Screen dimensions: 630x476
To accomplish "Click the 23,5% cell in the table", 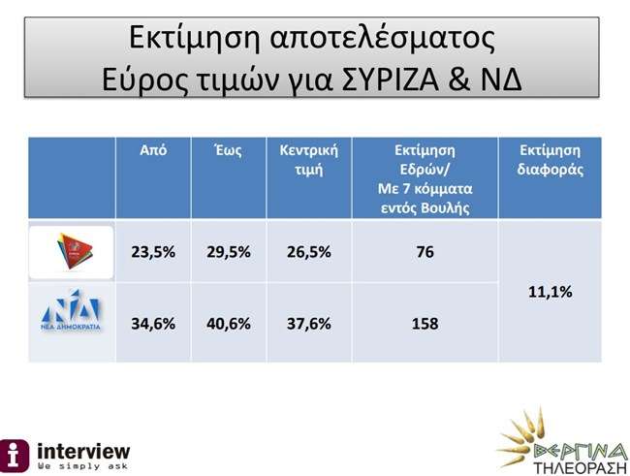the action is click(x=153, y=252).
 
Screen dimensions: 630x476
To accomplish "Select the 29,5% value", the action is click(x=229, y=252).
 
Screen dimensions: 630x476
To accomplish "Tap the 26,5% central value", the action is click(x=309, y=252).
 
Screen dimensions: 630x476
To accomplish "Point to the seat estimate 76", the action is click(x=425, y=252).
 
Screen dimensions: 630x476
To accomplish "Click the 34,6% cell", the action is click(x=153, y=324).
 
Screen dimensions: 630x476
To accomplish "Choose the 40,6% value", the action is click(x=229, y=324).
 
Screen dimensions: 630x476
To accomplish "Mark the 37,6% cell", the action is click(x=309, y=324).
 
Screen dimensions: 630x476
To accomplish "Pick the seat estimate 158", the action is click(x=425, y=324).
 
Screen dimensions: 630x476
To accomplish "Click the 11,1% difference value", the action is click(x=551, y=292).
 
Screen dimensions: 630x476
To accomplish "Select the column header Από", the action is click(x=153, y=150).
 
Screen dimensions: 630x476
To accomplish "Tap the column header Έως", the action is click(x=228, y=150).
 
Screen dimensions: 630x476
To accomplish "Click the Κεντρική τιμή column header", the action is click(x=309, y=160).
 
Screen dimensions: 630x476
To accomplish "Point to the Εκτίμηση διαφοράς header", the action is click(x=551, y=160).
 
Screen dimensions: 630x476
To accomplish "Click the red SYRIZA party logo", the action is click(x=75, y=251).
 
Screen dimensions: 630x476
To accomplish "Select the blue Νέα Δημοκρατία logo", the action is click(x=71, y=309).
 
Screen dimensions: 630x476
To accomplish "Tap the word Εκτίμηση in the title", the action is click(x=195, y=38).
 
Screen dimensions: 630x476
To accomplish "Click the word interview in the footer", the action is click(x=83, y=451).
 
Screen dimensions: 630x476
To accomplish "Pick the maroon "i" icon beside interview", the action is click(x=15, y=456).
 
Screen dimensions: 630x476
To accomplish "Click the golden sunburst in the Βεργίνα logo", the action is click(x=521, y=436).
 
